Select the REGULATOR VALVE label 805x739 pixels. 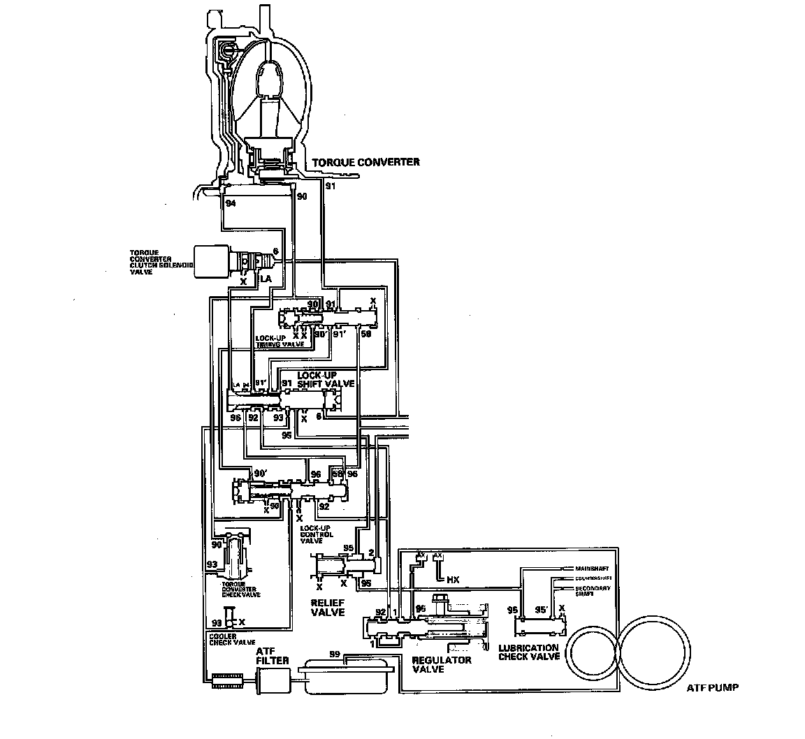click(442, 664)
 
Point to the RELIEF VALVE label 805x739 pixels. click(328, 606)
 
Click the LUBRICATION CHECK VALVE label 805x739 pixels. click(529, 652)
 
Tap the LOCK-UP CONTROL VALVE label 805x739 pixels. click(317, 534)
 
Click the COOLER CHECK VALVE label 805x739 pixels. click(231, 638)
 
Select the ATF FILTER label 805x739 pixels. click(268, 655)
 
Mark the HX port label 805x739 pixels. click(453, 580)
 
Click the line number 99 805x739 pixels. click(335, 654)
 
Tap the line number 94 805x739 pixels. click(231, 203)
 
